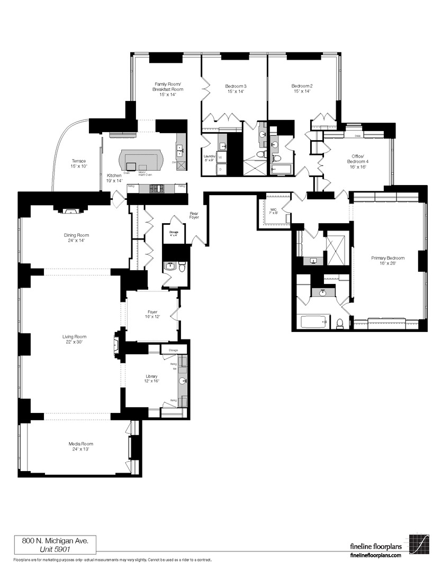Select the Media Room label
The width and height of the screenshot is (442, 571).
click(x=80, y=446)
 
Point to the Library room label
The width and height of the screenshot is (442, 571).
click(x=152, y=379)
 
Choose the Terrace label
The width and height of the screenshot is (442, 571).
click(x=79, y=163)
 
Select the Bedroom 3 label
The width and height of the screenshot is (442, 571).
click(x=236, y=88)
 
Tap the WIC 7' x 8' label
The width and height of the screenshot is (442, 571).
click(x=274, y=211)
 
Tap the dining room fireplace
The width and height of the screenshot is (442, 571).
click(x=70, y=211)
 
